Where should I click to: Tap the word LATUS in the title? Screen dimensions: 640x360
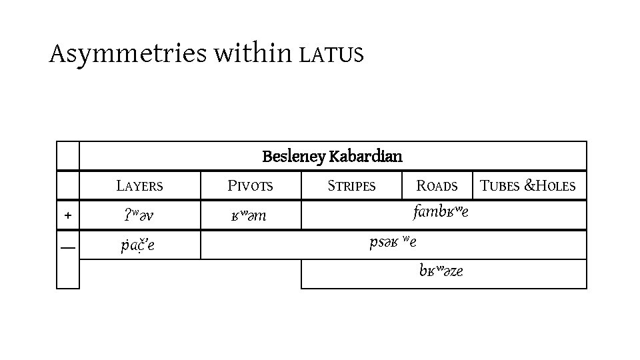click(x=331, y=55)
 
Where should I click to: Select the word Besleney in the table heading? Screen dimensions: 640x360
click(x=293, y=157)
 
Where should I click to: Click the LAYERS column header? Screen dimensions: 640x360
click(x=139, y=186)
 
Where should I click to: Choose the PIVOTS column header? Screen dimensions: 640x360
click(x=251, y=186)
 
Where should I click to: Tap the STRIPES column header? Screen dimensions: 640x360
click(x=351, y=186)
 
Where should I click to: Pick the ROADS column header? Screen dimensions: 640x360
click(x=437, y=186)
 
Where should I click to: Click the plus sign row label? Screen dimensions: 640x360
click(x=67, y=215)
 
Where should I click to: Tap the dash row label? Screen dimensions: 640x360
click(x=67, y=247)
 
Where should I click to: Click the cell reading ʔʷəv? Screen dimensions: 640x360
click(x=139, y=216)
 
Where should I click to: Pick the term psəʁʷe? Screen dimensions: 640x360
click(x=393, y=242)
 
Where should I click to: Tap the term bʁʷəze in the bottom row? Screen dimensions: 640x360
click(x=441, y=271)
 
